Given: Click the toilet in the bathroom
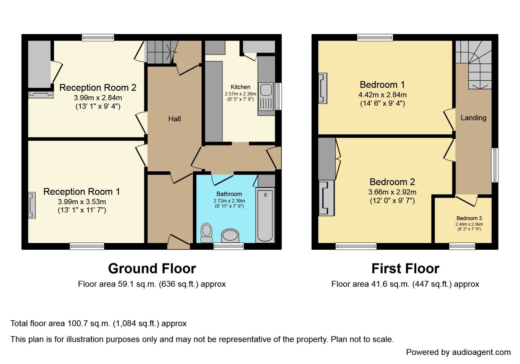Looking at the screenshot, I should (x=207, y=232).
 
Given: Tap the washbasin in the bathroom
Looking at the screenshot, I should (x=230, y=236).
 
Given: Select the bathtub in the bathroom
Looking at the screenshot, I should (x=265, y=215).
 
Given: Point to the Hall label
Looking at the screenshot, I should (x=174, y=119).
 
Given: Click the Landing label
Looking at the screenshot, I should (x=473, y=118).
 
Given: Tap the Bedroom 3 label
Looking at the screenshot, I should (x=469, y=218).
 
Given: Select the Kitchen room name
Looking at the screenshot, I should (x=240, y=87).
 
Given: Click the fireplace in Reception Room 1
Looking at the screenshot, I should (x=32, y=205).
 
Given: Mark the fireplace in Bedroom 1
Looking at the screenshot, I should (x=323, y=88).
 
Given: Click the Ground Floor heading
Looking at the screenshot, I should (x=152, y=269).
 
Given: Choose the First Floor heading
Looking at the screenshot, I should (x=405, y=269).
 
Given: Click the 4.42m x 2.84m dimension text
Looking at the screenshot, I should (x=382, y=95).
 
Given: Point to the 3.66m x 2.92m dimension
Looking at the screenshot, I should (x=392, y=192).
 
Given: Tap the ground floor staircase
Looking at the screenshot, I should (x=159, y=52).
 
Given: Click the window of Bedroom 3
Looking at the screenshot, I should (x=462, y=246).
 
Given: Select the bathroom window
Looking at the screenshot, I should (x=228, y=246).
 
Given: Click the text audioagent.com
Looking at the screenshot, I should (x=481, y=352).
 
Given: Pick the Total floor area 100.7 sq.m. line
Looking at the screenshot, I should (x=98, y=323).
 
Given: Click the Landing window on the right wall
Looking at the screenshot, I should (x=495, y=165).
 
